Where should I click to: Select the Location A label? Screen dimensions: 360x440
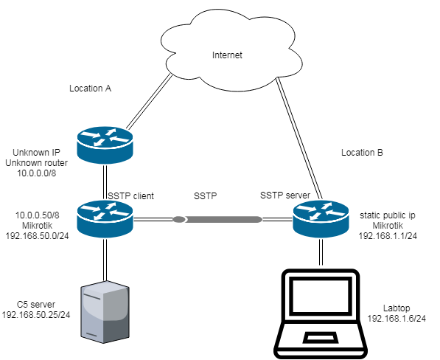coord(90,88)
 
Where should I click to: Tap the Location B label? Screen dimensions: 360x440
coord(362,153)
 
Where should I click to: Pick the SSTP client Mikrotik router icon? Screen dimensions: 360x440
coord(104,219)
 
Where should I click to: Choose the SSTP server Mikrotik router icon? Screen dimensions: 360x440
coord(320,219)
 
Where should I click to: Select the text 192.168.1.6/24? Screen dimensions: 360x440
coord(398,319)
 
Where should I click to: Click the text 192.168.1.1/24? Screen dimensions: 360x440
coord(387,236)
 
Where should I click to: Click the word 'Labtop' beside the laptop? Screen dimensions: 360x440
coord(398,308)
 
